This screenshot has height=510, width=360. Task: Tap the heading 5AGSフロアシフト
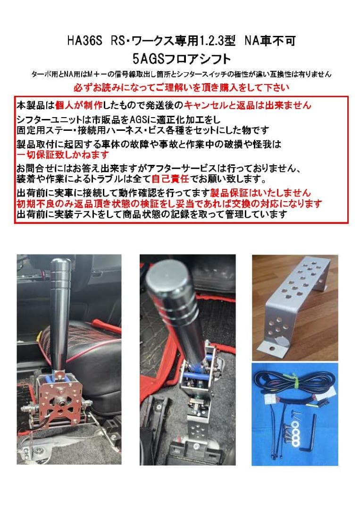[x=182, y=59]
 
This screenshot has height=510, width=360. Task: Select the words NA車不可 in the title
[x=270, y=42]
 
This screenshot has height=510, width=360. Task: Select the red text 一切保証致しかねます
[x=63, y=155]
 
